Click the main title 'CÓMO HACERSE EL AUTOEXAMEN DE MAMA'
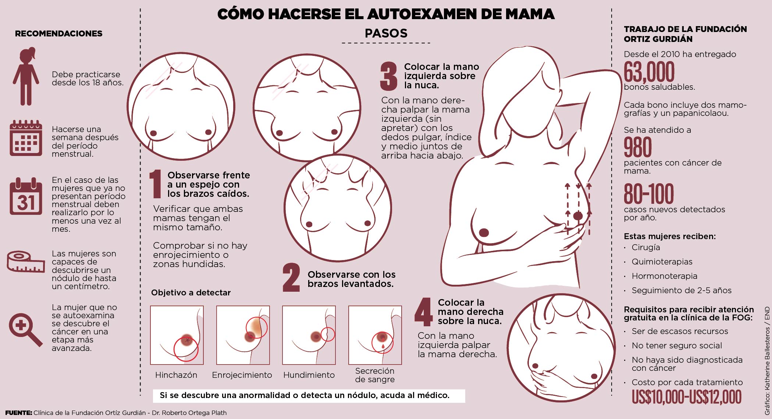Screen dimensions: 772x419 386,14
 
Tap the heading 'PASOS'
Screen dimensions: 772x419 386,33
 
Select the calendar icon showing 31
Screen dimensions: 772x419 26,196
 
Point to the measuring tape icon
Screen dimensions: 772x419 26,262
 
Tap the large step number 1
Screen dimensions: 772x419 156,184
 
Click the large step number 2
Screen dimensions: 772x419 291,278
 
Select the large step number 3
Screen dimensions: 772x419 389,76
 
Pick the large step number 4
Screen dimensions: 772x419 423,312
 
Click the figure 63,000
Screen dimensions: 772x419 649,72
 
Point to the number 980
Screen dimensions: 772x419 638,148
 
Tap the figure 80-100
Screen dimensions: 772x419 649,194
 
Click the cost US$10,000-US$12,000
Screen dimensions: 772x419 686,397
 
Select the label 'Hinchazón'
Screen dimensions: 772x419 176,375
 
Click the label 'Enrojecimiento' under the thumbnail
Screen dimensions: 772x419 242,375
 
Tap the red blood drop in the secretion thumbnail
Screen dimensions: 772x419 383,347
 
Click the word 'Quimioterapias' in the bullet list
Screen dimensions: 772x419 662,262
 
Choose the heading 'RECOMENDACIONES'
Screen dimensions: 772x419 58,34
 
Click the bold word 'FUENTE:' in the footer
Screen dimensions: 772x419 18,413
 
